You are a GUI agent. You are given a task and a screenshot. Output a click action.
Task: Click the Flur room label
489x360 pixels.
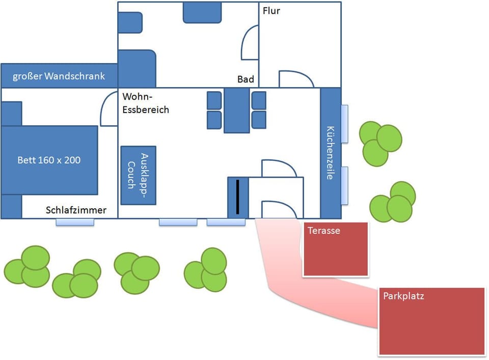tap(271, 11)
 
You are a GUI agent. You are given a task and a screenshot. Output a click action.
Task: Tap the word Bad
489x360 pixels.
tap(246, 79)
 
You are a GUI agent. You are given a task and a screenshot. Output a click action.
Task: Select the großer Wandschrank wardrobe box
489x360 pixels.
tap(59, 76)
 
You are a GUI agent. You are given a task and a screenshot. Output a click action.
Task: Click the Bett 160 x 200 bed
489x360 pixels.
tap(49, 160)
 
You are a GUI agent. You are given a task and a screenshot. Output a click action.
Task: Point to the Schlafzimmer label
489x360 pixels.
tap(76, 210)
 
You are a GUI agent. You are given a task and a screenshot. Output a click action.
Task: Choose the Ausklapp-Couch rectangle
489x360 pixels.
tap(138, 175)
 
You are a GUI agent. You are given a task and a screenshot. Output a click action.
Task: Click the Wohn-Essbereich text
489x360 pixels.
tap(146, 102)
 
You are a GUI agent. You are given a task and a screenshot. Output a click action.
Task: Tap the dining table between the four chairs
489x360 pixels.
tap(236, 110)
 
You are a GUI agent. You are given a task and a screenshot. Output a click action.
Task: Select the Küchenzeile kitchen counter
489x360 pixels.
tap(330, 153)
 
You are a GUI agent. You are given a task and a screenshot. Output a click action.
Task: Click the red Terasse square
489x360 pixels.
tap(335, 249)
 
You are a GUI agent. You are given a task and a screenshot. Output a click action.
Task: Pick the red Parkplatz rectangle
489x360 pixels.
tap(431, 321)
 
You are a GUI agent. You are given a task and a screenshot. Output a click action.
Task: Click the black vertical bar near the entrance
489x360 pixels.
tap(237, 197)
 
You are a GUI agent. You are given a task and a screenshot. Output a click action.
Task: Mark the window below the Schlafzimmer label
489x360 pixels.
tap(75, 222)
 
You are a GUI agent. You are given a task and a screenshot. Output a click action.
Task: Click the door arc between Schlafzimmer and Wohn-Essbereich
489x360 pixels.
tap(109, 109)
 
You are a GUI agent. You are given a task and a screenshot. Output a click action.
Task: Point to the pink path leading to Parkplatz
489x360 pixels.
tap(306, 295)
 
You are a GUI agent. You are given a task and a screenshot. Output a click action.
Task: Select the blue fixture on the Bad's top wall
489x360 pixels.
tap(202, 12)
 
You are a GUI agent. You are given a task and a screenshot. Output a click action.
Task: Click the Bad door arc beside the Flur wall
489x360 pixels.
tap(250, 44)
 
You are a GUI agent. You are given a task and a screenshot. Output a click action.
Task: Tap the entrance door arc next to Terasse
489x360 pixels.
tap(278, 209)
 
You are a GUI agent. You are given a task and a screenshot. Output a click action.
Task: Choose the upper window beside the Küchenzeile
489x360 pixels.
tap(344, 123)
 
